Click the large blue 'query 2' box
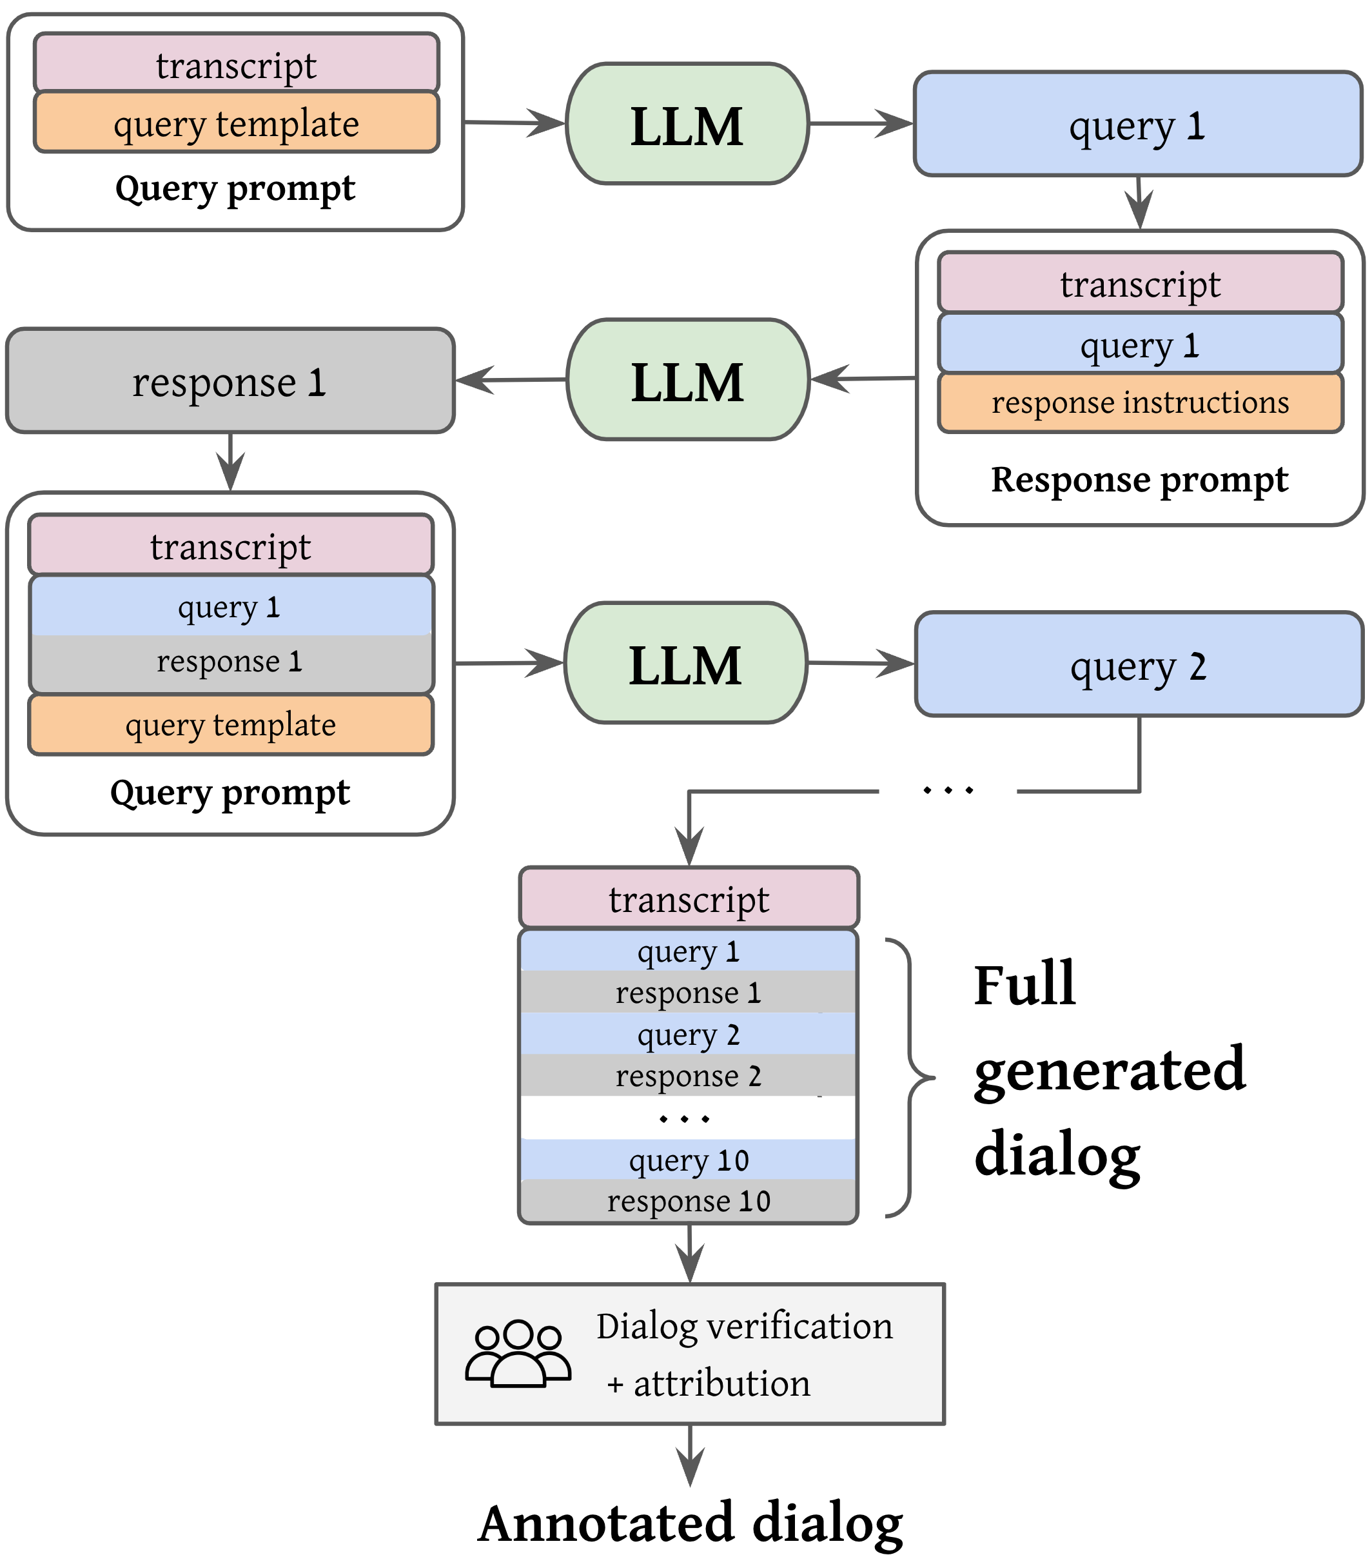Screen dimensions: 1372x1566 (1139, 664)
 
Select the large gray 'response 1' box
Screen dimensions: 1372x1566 (230, 381)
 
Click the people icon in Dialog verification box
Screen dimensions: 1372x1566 (518, 1353)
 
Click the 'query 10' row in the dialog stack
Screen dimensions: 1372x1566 (689, 1160)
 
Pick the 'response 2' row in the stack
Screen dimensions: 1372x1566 (689, 1075)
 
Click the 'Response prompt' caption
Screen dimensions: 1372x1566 (1139, 480)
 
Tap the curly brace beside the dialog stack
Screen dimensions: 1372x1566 (910, 1078)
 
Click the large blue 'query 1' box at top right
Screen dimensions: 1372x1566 (1138, 124)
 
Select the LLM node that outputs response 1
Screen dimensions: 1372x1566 (687, 380)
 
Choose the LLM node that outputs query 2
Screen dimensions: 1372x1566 (686, 663)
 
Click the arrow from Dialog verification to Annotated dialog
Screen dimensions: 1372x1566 (691, 1456)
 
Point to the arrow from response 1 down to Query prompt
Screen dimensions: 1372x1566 (230, 462)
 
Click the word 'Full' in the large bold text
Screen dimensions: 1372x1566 (1024, 986)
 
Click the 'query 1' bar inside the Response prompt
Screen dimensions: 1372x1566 (1140, 344)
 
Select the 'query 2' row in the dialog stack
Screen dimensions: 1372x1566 (689, 1034)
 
